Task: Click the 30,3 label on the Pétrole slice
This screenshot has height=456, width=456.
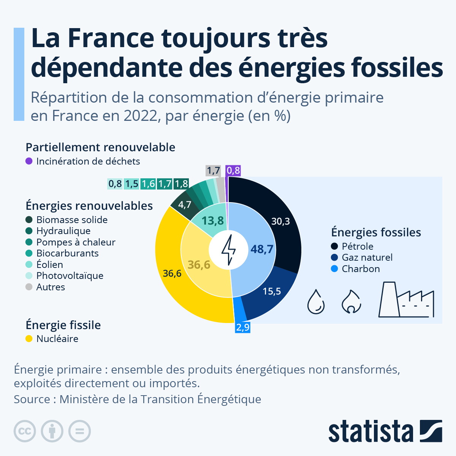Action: [x=280, y=221]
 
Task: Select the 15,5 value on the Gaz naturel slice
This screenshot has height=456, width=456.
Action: [x=272, y=291]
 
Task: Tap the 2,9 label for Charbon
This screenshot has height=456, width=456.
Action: [x=242, y=327]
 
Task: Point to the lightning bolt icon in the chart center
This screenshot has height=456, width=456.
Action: [x=228, y=250]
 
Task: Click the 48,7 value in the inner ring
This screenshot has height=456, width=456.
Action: [x=262, y=249]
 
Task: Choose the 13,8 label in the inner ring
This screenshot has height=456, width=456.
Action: [x=212, y=221]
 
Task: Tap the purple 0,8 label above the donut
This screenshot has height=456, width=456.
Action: [x=233, y=171]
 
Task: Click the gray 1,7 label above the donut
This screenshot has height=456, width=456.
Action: [x=213, y=171]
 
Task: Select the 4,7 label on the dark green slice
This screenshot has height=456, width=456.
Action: [x=185, y=205]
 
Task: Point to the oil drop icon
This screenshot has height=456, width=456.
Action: [x=316, y=302]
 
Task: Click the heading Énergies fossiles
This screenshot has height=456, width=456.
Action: [x=376, y=232]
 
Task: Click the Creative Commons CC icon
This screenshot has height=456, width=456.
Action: [x=25, y=431]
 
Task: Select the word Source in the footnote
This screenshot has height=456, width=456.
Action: [x=32, y=399]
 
